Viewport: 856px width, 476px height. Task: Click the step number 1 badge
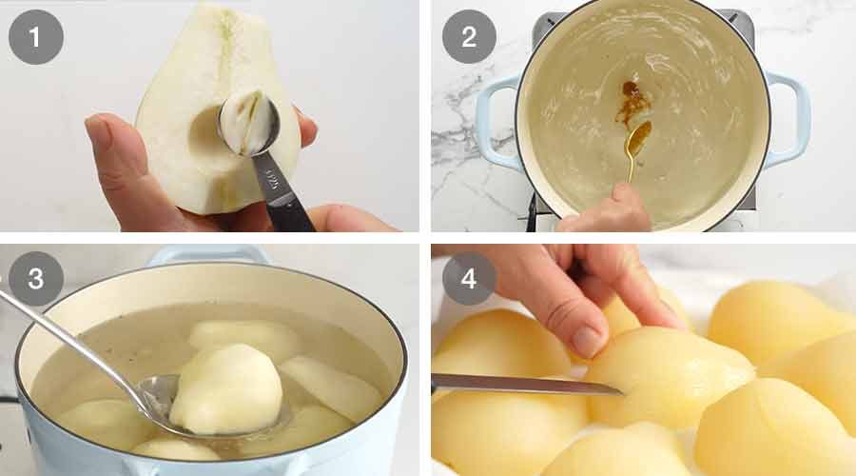(x=36, y=37)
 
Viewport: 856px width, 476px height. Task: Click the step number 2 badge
(x=468, y=37)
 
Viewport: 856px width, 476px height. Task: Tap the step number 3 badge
(x=36, y=279)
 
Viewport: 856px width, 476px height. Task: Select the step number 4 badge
(x=468, y=279)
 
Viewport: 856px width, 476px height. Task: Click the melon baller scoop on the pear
(x=248, y=123)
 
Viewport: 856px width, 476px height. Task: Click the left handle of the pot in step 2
(x=496, y=124)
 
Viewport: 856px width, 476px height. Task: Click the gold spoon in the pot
(x=635, y=143)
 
